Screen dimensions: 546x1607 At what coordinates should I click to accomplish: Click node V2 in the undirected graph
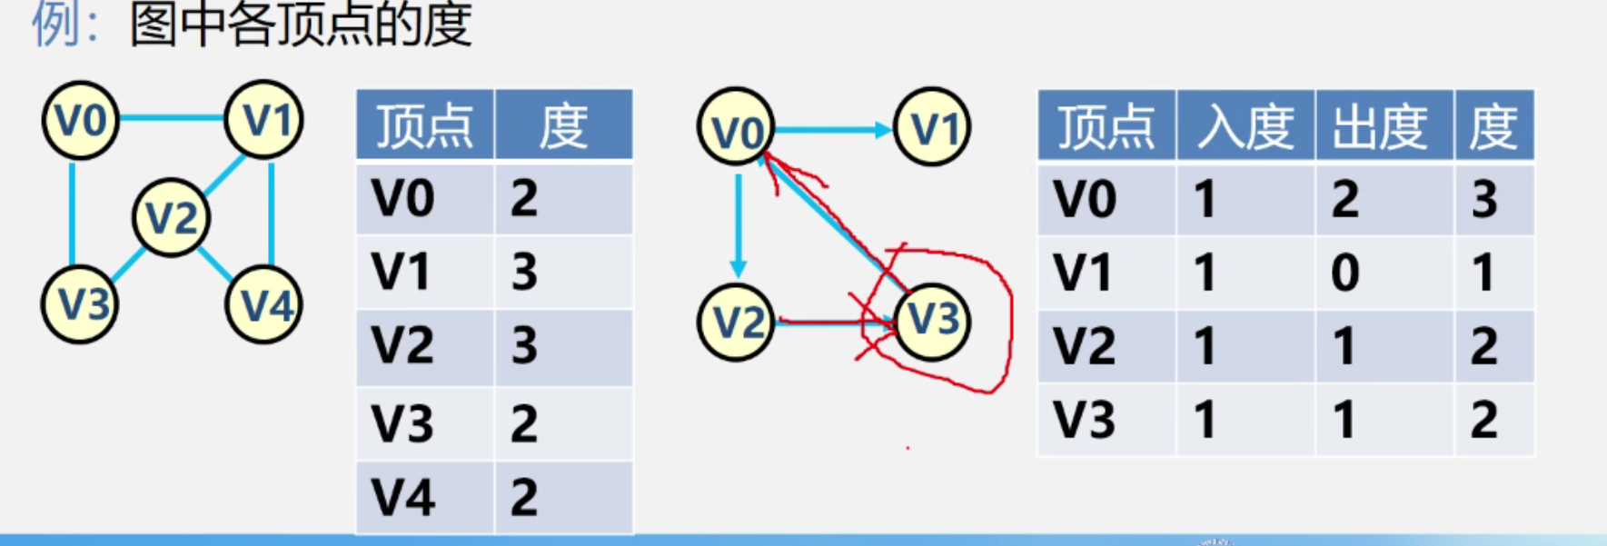point(171,218)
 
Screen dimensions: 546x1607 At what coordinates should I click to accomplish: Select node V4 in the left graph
point(264,305)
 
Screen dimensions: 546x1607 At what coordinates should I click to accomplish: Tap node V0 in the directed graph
point(736,128)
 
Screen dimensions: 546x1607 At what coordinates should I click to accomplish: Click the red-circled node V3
point(932,320)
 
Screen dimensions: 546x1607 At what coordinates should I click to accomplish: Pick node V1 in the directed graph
point(932,128)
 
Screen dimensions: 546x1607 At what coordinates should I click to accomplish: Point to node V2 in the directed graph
point(736,322)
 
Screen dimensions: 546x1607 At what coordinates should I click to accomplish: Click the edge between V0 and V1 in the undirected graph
point(173,118)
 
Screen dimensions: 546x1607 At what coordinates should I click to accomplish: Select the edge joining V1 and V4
point(272,213)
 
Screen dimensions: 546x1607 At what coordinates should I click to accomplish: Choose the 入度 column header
point(1245,126)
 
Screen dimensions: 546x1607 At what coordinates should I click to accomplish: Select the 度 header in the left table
point(563,126)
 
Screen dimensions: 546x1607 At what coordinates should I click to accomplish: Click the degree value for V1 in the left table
point(524,272)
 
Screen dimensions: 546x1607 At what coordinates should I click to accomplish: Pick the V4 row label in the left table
point(403,497)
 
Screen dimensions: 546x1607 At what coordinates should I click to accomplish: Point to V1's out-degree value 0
point(1344,273)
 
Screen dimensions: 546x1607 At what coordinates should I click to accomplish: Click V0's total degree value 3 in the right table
point(1484,199)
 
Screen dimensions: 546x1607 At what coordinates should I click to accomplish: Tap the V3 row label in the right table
point(1084,420)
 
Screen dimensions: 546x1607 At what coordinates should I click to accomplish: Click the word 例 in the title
point(56,24)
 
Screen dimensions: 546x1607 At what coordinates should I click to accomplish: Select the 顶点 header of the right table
point(1106,126)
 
